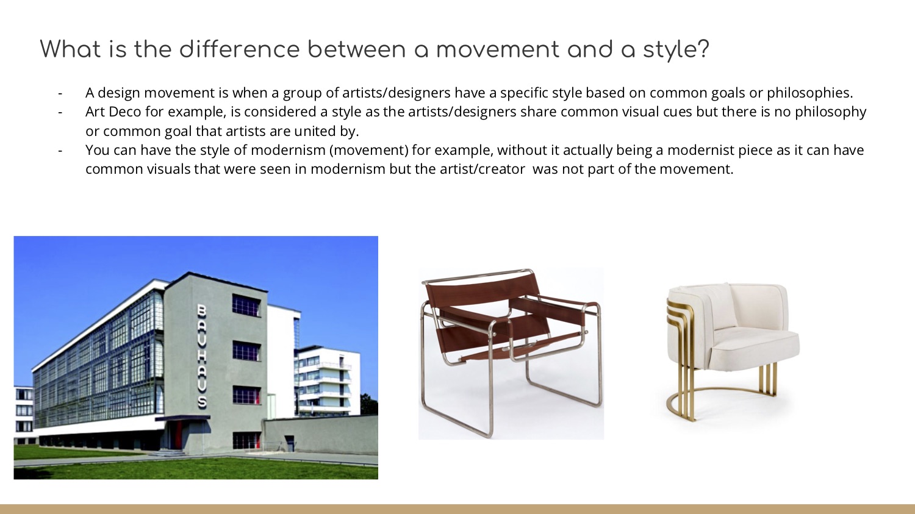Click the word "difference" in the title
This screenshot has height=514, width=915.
[240, 49]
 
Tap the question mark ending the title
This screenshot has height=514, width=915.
[703, 49]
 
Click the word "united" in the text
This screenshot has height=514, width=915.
[314, 131]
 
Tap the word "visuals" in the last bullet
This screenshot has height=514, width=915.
[168, 169]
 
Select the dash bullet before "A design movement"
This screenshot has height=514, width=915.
[60, 93]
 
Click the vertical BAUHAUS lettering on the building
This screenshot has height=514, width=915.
[202, 356]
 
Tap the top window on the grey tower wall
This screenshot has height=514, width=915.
[246, 305]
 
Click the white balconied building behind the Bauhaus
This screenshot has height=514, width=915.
[328, 380]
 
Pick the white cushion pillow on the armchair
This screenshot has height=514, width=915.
[720, 305]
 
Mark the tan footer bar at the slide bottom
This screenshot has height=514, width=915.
[457, 509]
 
